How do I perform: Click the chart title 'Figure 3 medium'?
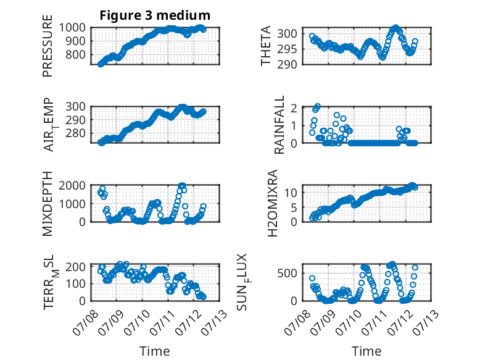[155, 15]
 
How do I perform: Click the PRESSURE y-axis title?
[48, 46]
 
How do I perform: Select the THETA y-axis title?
[266, 46]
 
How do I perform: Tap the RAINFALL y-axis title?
[279, 124]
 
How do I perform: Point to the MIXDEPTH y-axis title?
[48, 203]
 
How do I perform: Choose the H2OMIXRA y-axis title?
[273, 203]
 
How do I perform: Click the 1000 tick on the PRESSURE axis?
[72, 28]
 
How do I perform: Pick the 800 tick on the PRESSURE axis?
[76, 55]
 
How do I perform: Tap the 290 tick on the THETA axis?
[287, 64]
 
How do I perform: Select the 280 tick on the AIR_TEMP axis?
[76, 133]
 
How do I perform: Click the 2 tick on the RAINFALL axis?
[294, 108]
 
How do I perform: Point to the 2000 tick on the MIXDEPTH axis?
[72, 186]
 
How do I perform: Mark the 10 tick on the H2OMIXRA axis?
[291, 193]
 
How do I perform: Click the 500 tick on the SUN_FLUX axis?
[287, 273]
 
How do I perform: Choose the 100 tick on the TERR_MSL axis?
[76, 283]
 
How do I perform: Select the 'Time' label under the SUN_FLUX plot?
[366, 351]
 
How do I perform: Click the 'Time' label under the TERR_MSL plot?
[155, 351]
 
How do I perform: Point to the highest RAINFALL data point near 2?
[318, 106]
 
